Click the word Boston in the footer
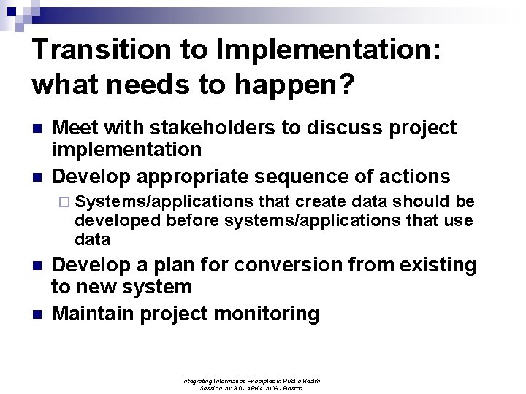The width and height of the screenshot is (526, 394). [292, 388]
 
